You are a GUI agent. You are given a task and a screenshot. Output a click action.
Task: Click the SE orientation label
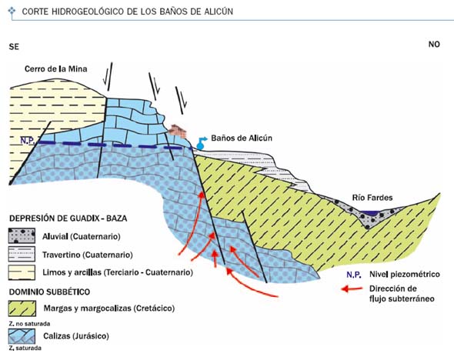click(x=14, y=47)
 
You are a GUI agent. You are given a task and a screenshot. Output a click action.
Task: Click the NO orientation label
click(x=434, y=45)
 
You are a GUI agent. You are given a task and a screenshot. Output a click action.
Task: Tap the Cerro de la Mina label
click(x=55, y=69)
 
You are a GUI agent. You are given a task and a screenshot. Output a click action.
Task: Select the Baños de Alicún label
click(x=242, y=138)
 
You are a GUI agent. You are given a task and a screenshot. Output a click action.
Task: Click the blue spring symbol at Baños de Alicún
click(x=202, y=142)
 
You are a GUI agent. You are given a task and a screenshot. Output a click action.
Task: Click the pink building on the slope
click(x=178, y=131)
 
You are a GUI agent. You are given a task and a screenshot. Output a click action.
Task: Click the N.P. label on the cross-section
click(x=28, y=141)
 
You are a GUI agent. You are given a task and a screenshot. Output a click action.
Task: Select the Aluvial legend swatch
click(x=22, y=235)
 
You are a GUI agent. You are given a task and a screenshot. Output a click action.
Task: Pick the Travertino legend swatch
click(x=22, y=254)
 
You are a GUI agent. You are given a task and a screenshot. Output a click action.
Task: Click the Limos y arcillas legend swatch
click(x=22, y=272)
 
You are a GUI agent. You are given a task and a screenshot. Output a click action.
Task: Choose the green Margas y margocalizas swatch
click(x=22, y=308)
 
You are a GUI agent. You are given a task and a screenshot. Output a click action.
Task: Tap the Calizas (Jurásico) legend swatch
click(x=22, y=336)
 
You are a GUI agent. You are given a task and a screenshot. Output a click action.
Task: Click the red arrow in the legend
click(x=352, y=288)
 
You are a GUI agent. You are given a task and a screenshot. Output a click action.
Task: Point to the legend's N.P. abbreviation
click(x=354, y=275)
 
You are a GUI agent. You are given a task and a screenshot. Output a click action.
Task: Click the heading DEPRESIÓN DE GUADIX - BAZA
click(x=68, y=218)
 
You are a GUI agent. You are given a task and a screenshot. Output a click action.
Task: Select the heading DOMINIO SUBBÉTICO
click(x=49, y=292)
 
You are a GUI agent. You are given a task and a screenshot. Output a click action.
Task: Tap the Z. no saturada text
click(x=29, y=324)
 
